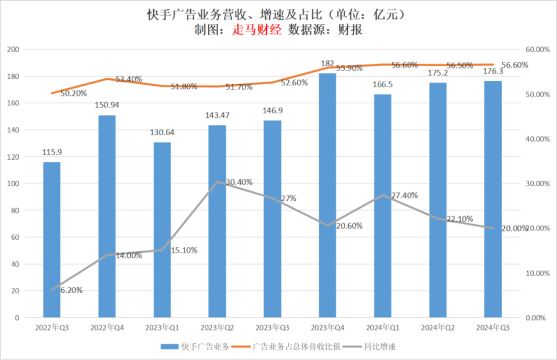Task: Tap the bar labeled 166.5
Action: coord(382,206)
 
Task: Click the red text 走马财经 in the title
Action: coord(257,30)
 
